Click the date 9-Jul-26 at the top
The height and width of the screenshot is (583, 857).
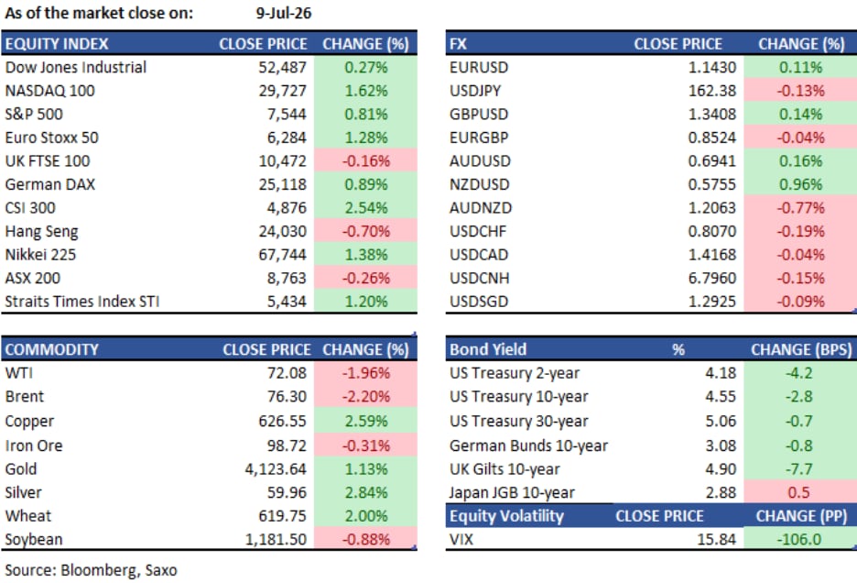tap(284, 13)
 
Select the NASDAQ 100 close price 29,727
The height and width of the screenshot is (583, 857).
tap(283, 91)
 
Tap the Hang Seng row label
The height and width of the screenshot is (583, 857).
tap(41, 232)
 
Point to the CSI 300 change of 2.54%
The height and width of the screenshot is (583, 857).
tap(365, 208)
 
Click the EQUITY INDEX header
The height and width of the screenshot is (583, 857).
tap(57, 44)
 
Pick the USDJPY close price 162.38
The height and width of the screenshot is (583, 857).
tap(712, 91)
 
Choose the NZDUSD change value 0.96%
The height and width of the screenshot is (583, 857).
tap(800, 184)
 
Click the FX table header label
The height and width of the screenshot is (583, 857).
tap(458, 44)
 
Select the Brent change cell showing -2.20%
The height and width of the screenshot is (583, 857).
tap(365, 396)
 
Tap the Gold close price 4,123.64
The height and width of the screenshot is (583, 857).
tap(276, 469)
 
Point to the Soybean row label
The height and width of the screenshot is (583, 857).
tap(34, 539)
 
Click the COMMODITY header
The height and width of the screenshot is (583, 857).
tap(52, 349)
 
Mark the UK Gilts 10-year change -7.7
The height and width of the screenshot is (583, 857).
tap(798, 469)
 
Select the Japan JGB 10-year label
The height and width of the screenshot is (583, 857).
tap(512, 492)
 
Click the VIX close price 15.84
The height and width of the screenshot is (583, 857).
tap(717, 539)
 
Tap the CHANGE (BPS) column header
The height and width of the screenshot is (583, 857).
tap(801, 349)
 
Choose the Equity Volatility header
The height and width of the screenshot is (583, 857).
tap(506, 516)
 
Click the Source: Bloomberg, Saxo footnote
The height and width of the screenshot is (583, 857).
tap(92, 570)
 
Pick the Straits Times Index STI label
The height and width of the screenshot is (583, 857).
tap(82, 302)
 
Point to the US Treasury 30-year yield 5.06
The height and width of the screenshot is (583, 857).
tap(721, 421)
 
